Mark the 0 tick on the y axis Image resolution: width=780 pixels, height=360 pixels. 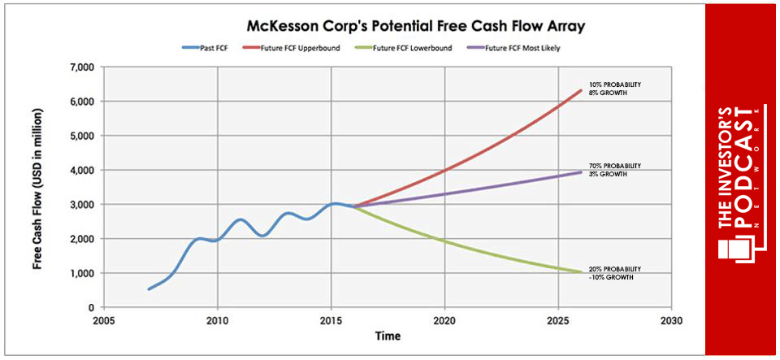89,308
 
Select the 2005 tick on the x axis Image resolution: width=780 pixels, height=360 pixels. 103,319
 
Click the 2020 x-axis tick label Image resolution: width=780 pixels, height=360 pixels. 444,319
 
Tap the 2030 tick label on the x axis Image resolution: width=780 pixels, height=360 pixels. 671,319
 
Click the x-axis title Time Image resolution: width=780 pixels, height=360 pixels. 387,335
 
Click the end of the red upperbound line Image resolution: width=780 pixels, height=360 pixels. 580,90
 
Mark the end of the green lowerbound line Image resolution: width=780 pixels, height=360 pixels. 580,271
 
